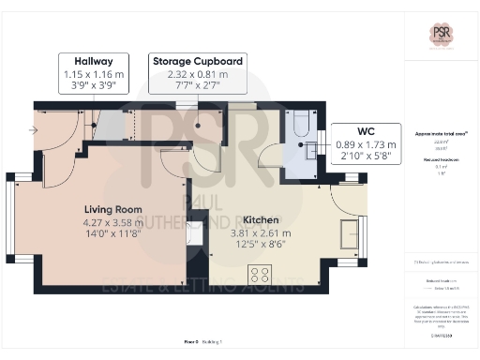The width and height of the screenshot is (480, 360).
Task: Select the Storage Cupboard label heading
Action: [198, 61]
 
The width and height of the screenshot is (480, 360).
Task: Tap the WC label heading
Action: [367, 132]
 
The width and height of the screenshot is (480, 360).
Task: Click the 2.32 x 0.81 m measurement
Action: [198, 74]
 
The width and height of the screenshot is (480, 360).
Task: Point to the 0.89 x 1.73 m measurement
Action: [367, 145]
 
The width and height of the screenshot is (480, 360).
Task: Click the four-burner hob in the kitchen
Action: [259, 275]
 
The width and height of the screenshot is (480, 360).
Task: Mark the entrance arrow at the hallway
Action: [33, 131]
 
